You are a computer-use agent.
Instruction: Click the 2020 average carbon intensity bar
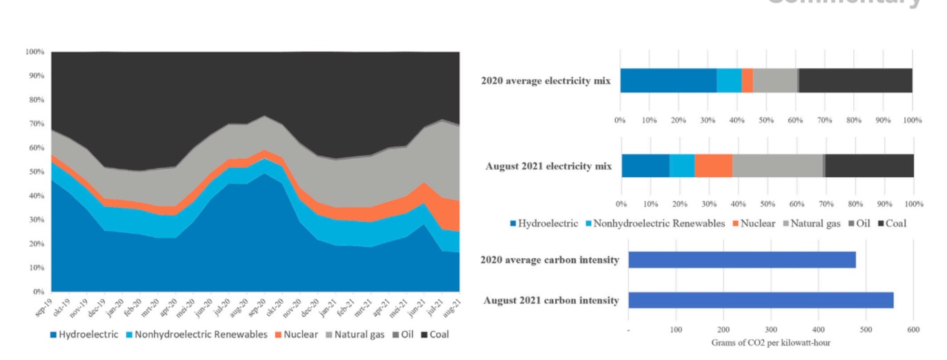(x=741, y=259)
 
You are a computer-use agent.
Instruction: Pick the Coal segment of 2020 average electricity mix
(x=855, y=81)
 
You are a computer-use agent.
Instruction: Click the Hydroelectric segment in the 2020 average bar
(x=668, y=81)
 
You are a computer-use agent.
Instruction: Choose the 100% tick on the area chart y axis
(x=34, y=52)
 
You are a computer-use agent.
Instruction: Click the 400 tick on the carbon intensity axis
(x=818, y=330)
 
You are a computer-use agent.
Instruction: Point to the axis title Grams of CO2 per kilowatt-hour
(x=770, y=342)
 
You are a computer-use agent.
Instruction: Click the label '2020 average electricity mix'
(x=546, y=81)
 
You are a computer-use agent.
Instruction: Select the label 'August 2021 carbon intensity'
(x=550, y=301)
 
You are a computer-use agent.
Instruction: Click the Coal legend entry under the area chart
(x=434, y=335)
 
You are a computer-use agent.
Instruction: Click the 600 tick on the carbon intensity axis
(x=913, y=330)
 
